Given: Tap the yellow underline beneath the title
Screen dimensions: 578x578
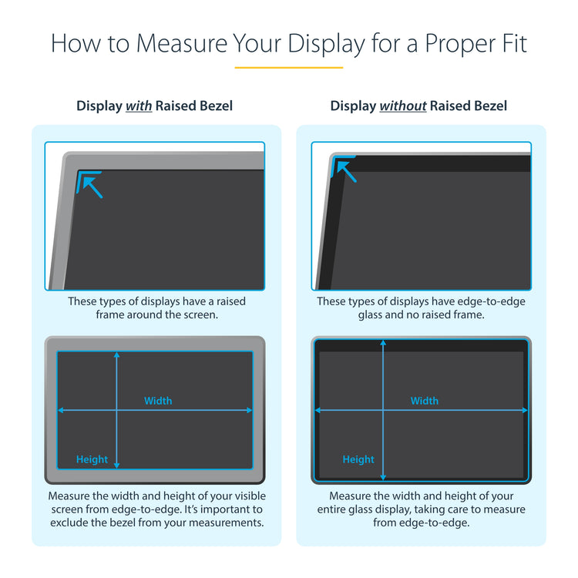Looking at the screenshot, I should point(289,68).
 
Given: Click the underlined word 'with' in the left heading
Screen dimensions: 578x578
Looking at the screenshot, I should point(139,106).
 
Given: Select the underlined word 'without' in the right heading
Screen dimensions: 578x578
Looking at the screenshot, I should point(402,106).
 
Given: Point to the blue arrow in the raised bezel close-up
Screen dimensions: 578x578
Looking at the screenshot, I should point(92,186).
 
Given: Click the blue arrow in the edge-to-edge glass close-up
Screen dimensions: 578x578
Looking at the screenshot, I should point(346,171).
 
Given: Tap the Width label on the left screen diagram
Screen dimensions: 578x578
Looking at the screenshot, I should point(158,401).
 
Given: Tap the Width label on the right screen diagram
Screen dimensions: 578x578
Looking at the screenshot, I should point(424,401).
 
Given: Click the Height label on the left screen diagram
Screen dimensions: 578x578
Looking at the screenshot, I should point(92,459).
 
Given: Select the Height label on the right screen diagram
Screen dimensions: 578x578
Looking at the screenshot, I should point(358,459).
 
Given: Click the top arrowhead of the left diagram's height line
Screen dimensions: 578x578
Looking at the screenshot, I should point(117,355).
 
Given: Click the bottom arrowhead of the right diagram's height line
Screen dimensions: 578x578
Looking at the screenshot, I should point(383,477).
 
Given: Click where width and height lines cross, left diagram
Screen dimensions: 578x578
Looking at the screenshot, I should point(117,411).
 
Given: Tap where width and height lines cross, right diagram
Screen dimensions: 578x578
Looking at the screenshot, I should point(383,410).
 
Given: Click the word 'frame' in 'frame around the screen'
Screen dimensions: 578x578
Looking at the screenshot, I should point(113,315).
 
